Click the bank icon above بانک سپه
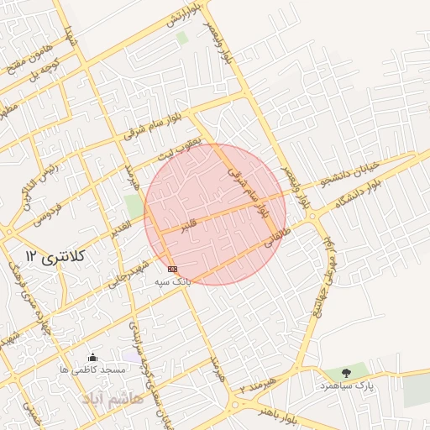[x=173, y=269]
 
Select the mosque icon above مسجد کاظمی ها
[x=92, y=358]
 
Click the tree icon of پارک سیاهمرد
[x=346, y=372]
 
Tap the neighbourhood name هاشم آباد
[x=114, y=399]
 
